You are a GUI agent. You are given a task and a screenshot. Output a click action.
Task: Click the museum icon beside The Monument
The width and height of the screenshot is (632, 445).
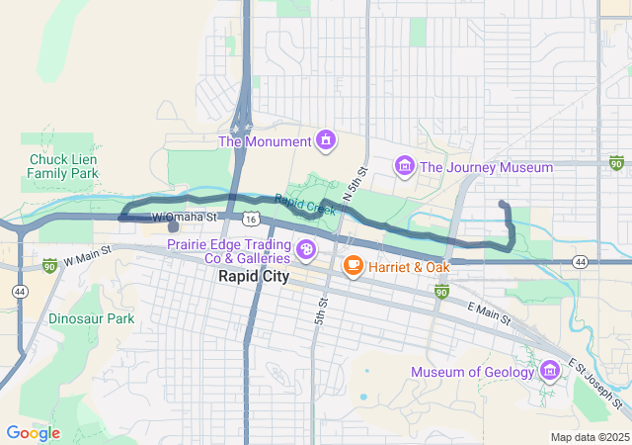click(324, 140)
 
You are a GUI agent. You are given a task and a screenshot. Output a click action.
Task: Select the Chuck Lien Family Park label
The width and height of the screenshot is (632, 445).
click(63, 165)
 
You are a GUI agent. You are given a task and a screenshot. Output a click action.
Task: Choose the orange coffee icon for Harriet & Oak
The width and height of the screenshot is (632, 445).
click(353, 266)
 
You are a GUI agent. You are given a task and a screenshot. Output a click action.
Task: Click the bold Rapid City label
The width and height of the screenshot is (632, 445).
click(254, 277)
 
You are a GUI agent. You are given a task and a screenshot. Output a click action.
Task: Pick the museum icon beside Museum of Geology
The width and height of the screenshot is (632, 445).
click(550, 371)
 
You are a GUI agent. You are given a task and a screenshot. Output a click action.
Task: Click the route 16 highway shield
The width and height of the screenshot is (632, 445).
click(253, 218)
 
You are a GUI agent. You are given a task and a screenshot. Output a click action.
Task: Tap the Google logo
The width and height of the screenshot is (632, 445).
click(33, 433)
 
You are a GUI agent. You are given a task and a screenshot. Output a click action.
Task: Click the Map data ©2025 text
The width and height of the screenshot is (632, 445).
click(589, 437)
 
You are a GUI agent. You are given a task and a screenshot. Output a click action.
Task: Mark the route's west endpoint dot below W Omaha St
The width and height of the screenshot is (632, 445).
click(173, 226)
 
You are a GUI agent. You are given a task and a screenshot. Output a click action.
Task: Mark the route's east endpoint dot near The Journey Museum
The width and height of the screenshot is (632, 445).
click(504, 205)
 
